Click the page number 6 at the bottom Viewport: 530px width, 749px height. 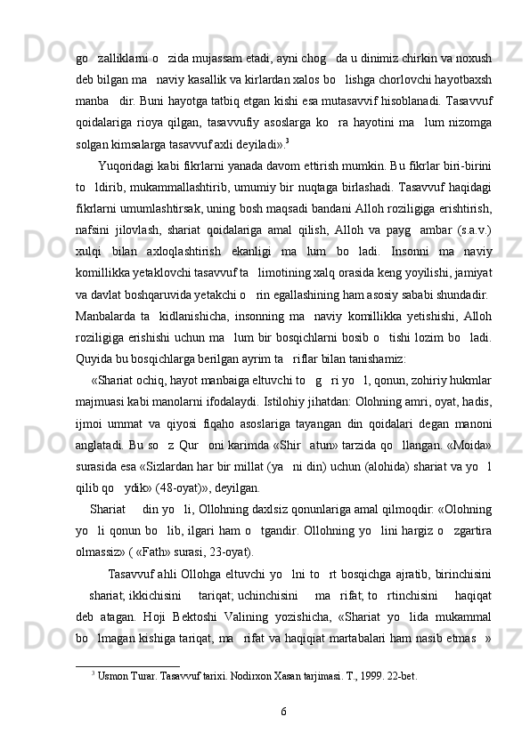point(282,711)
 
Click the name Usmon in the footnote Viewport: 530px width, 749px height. point(116,674)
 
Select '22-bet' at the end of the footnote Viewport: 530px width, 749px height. point(402,674)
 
